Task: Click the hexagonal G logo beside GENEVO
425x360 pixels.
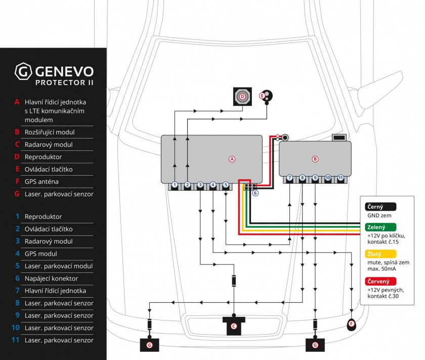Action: coord(23,71)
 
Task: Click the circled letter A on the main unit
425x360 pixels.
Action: coord(232,159)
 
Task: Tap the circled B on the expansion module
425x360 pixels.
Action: coord(315,159)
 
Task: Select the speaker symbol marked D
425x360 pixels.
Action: coord(242,96)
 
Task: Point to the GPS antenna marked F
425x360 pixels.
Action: coord(352,325)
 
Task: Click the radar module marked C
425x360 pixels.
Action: coord(234,326)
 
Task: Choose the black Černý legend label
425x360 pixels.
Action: coord(380,207)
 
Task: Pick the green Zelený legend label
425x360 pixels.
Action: coord(380,227)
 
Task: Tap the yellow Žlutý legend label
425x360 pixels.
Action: coord(380,254)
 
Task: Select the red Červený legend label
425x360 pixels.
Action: coord(380,282)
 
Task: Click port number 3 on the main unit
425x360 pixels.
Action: coord(200,185)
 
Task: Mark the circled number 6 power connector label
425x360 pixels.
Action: coord(255,193)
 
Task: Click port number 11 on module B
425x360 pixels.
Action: coord(341,178)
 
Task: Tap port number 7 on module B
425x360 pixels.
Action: coord(289,178)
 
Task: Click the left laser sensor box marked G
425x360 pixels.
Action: coord(149,345)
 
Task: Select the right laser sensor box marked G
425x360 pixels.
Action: coord(315,345)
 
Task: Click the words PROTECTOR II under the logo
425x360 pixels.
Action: coord(64,83)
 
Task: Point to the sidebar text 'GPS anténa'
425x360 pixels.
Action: coord(41,181)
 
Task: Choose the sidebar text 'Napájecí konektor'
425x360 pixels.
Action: coord(51,278)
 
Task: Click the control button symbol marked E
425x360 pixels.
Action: coord(267,97)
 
